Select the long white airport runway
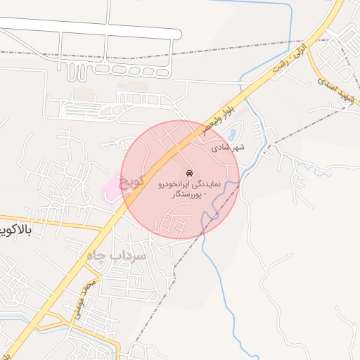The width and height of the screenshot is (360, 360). pos(91,28)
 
